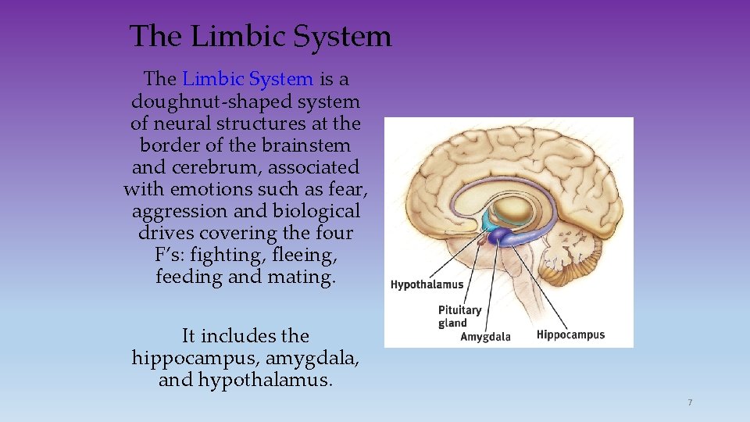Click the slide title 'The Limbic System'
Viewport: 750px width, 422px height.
click(260, 36)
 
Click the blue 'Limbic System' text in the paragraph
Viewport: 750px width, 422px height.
click(248, 79)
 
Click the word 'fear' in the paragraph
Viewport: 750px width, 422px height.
click(344, 189)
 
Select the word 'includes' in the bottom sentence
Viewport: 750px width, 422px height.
click(238, 336)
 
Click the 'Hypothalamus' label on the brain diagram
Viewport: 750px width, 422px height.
click(427, 284)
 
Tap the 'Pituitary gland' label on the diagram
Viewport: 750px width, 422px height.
click(459, 316)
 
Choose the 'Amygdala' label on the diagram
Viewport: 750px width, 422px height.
click(485, 337)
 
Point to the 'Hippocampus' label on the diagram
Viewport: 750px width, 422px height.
click(570, 334)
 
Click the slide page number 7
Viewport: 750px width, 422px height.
click(690, 402)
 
